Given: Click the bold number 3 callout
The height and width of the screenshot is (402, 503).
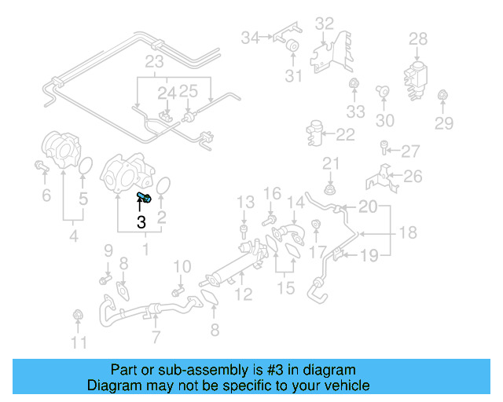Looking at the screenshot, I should pos(141,223).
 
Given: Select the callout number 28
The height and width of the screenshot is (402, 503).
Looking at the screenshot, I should pos(418,38).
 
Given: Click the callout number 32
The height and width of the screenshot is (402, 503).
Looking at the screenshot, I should pos(325,24).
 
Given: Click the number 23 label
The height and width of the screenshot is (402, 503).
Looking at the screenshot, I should pos(153,60).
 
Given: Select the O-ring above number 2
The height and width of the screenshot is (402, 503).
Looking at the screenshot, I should pos(163,186).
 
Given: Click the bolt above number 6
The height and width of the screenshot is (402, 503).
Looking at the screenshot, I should pos(42,166).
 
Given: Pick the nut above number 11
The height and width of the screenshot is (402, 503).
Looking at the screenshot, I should pos(78,316).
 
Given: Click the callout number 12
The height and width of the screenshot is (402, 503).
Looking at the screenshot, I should pos(244,295).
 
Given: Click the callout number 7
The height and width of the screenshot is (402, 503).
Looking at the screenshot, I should pos(156,338).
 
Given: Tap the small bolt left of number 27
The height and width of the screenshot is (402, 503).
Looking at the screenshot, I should pos(384,146).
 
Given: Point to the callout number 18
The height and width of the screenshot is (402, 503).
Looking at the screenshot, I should pos(407,233).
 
